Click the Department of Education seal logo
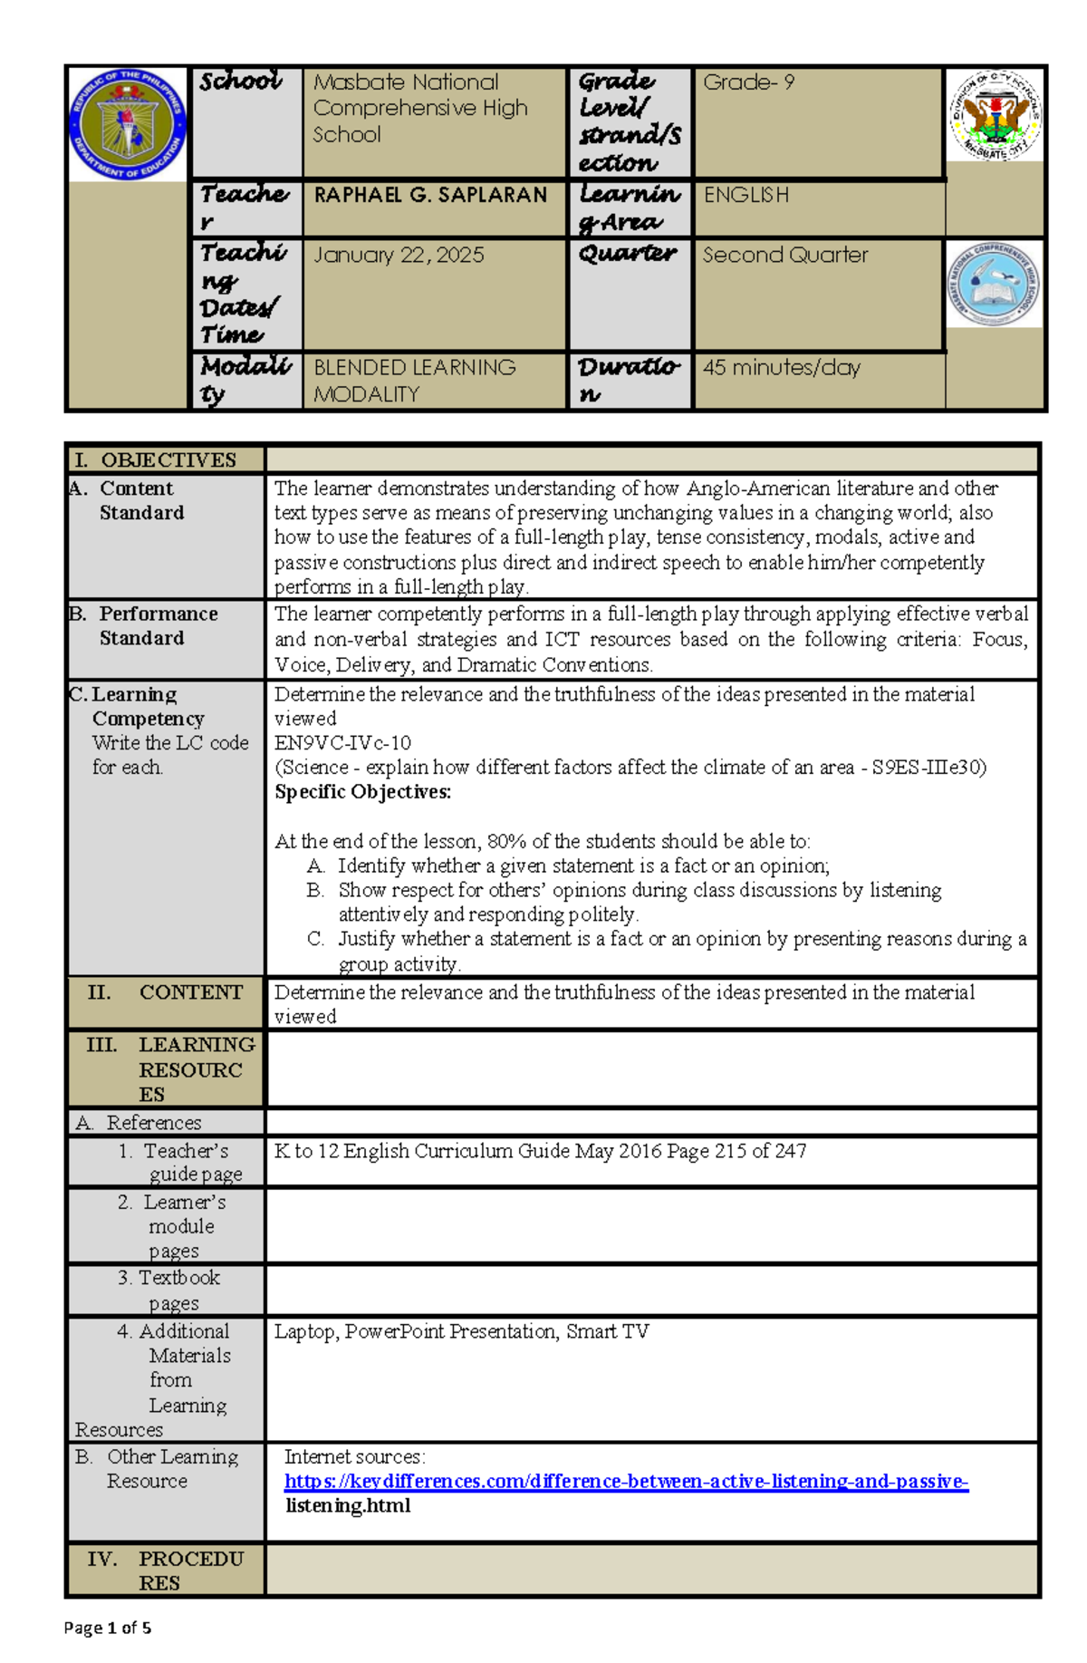coord(128,124)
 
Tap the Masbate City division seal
coord(995,115)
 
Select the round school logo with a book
coord(994,285)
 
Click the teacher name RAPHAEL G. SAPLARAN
coord(430,195)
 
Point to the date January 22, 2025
coord(399,256)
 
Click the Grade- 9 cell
coord(748,82)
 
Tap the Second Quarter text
coord(784,256)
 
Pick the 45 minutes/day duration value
coord(781,368)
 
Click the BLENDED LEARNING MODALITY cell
coord(414,381)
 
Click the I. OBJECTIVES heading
coord(155,459)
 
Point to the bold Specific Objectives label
coord(362,792)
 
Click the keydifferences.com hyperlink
coord(626,1481)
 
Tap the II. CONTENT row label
coord(165,992)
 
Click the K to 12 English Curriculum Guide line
coord(540,1151)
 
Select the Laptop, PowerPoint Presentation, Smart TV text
coord(461,1331)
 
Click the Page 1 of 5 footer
coord(107,1628)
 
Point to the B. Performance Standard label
coord(145,625)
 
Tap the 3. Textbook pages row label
coord(170,1290)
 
